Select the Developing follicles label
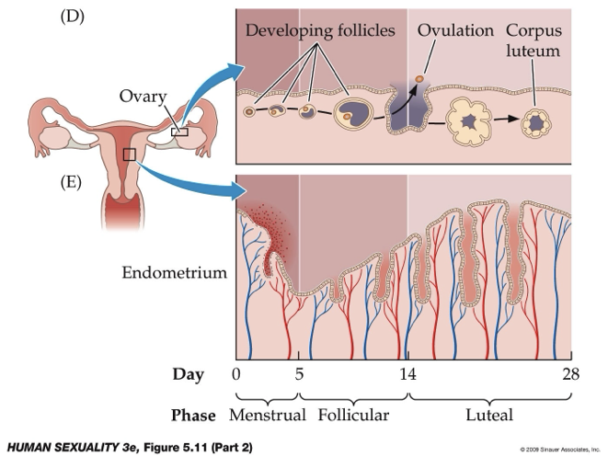(x=320, y=31)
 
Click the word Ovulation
(x=455, y=31)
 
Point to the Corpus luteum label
(x=533, y=40)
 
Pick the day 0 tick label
(x=236, y=374)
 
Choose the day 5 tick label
(x=299, y=374)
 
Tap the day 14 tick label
(x=407, y=374)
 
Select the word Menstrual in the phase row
(x=268, y=415)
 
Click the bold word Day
(x=188, y=374)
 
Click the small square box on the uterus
(x=130, y=154)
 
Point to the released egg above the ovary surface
(x=419, y=79)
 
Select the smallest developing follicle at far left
(x=249, y=112)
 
